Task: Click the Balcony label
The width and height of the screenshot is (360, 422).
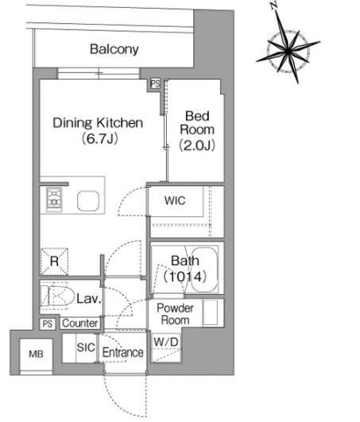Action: pos(114,49)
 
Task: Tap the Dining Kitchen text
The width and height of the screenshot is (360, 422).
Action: pos(98,122)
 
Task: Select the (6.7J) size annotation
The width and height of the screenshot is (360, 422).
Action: pos(100,138)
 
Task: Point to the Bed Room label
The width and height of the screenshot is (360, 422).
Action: pos(197,122)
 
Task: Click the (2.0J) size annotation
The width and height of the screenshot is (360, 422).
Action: pos(197,145)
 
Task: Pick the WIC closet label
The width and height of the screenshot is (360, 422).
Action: pos(175,200)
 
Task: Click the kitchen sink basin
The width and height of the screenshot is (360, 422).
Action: pos(88,201)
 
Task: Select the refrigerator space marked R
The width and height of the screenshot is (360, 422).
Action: pos(54,261)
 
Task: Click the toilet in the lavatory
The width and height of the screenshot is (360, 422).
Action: pos(57,295)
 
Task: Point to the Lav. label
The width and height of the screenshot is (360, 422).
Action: pos(89,299)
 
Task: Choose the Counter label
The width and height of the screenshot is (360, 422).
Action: pos(80,323)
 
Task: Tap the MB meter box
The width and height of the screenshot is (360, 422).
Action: pos(36,354)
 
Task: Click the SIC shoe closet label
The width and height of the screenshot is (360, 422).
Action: pos(86,347)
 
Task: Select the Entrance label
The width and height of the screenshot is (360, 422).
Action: pos(122,352)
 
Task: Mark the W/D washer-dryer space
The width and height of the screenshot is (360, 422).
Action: pos(166,348)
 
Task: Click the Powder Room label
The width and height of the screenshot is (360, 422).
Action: pos(175,314)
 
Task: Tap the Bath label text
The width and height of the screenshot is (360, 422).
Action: pos(185,261)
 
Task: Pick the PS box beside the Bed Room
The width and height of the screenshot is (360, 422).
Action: pos(155,83)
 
